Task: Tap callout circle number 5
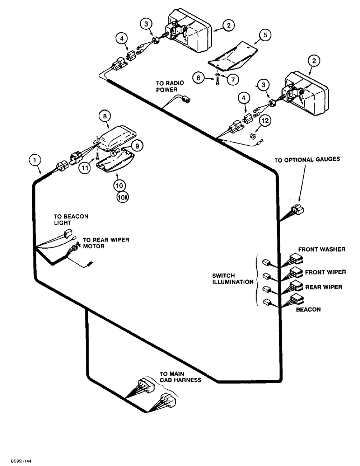tap(264, 34)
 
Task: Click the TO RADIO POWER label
tap(170, 87)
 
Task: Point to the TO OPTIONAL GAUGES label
tap(307, 159)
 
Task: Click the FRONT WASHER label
tap(322, 249)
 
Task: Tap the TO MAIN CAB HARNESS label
tap(180, 377)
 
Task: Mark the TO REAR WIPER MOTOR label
tap(106, 243)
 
